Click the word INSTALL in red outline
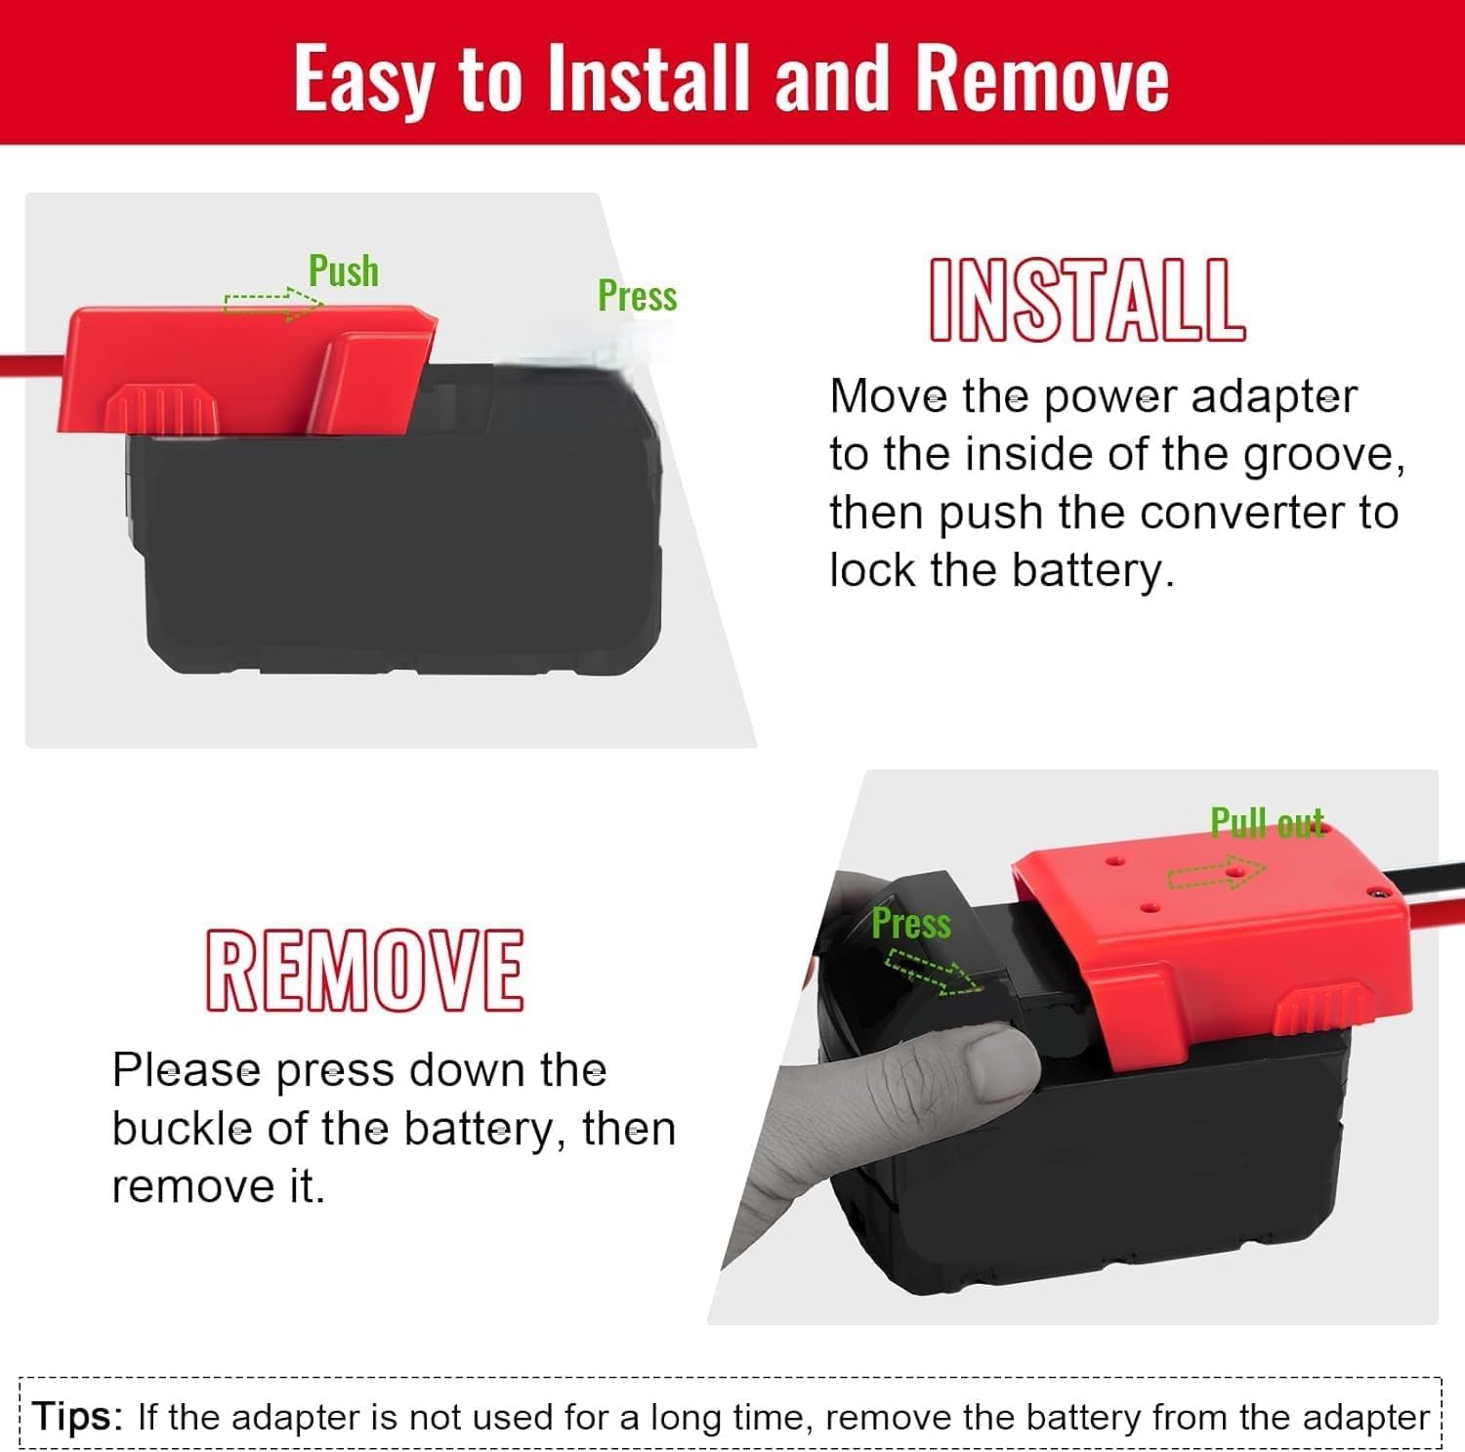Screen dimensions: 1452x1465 (1086, 300)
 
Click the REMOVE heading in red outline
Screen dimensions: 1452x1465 (364, 970)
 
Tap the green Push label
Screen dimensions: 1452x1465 (343, 270)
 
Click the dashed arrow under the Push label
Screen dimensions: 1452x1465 (272, 304)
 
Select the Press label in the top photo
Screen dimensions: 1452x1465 (637, 295)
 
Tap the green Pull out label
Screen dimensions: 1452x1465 (1267, 823)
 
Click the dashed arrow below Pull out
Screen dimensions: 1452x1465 (1216, 874)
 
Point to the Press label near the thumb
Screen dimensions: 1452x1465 (910, 923)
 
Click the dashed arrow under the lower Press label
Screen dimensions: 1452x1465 (933, 975)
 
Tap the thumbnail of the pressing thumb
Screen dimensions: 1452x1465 (996, 1058)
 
